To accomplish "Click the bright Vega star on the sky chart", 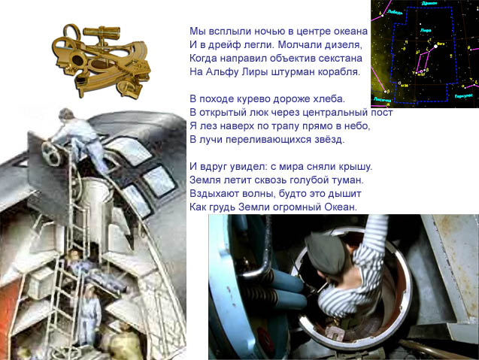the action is pyautogui.click(x=435, y=47).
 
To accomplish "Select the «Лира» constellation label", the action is pyautogui.click(x=426, y=30).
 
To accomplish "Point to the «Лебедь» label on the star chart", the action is pyautogui.click(x=395, y=12).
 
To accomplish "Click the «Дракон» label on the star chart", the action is pyautogui.click(x=429, y=3).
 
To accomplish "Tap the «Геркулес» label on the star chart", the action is pyautogui.click(x=463, y=96).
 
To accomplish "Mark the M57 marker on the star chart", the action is pyautogui.click(x=421, y=74).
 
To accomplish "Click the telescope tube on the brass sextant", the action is pyautogui.click(x=102, y=31).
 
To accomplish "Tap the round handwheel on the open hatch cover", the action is pyautogui.click(x=51, y=153).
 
